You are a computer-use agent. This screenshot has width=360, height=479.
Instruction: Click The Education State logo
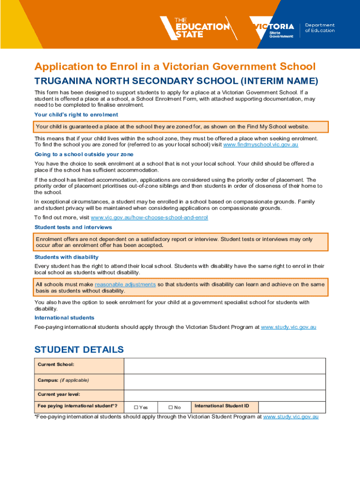pyautogui.click(x=195, y=28)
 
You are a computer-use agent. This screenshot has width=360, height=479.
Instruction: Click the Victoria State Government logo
pyautogui.click(x=272, y=29)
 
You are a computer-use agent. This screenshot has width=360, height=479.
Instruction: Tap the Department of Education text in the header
pyautogui.click(x=320, y=28)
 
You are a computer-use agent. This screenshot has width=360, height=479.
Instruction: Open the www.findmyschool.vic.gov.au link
pyautogui.click(x=261, y=145)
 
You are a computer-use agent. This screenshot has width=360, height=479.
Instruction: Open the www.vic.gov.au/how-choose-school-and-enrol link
pyautogui.click(x=149, y=218)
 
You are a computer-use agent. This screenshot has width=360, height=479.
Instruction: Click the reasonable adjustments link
pyautogui.click(x=125, y=284)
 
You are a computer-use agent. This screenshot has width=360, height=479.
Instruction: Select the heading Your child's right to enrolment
pyautogui.click(x=76, y=115)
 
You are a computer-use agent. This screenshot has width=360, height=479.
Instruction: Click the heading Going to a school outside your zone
pyautogui.click(x=84, y=154)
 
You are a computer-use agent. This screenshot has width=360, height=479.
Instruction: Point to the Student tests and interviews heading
pyautogui.click(x=73, y=227)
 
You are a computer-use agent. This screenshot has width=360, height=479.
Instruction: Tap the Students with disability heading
pyautogui.click(x=66, y=257)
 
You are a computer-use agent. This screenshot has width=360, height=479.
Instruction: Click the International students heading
pyautogui.click(x=65, y=318)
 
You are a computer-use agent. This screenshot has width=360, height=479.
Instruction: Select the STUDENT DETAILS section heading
pyautogui.click(x=79, y=349)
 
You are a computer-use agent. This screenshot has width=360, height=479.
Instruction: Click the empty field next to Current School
pyautogui.click(x=224, y=366)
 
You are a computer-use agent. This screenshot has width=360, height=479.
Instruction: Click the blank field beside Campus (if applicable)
pyautogui.click(x=224, y=382)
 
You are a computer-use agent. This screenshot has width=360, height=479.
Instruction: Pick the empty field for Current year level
pyautogui.click(x=224, y=395)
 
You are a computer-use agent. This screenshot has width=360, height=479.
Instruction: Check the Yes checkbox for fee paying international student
pyautogui.click(x=137, y=407)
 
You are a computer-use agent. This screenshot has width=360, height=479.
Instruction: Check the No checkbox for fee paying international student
pyautogui.click(x=171, y=407)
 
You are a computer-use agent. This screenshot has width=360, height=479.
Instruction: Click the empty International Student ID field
pyautogui.click(x=292, y=407)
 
